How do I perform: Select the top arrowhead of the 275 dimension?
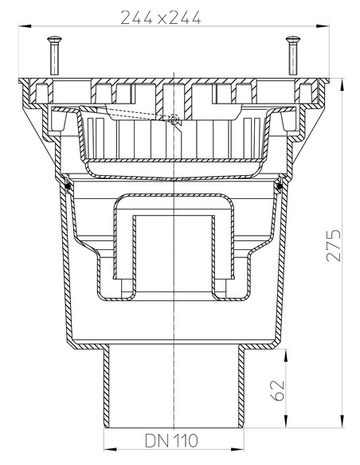[342, 80]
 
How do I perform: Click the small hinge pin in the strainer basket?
[174, 119]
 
